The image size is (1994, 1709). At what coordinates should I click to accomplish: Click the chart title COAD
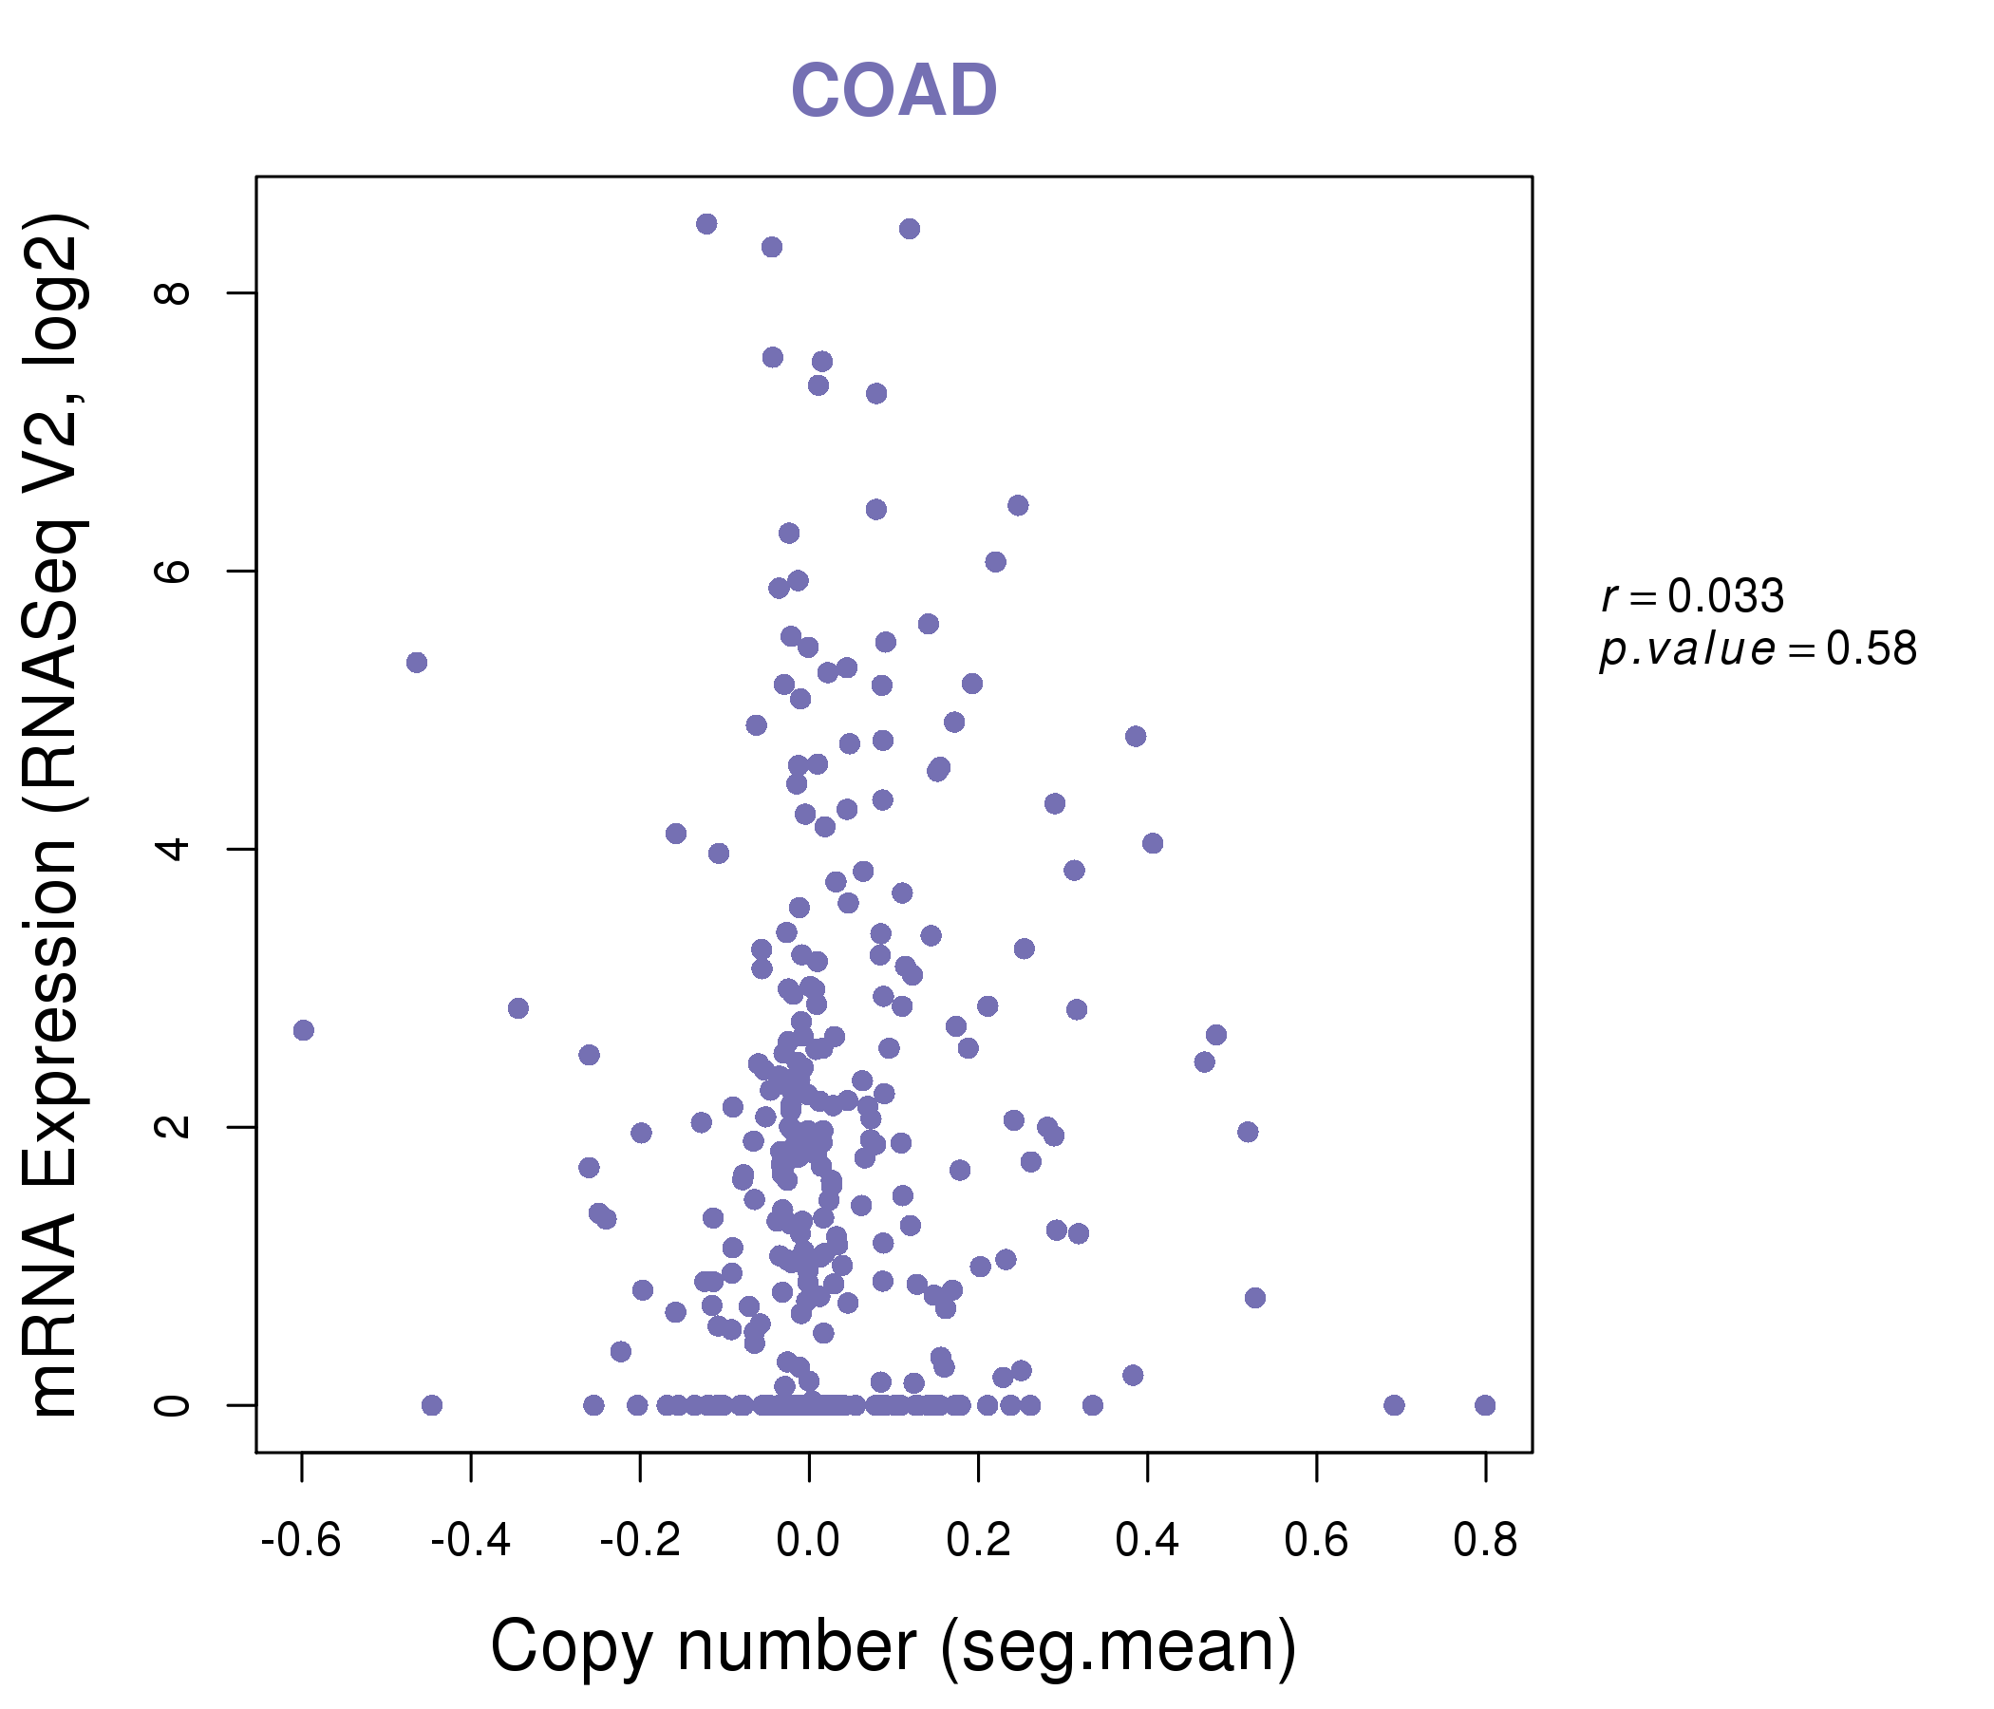click(894, 91)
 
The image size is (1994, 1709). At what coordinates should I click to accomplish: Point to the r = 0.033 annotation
click(1692, 596)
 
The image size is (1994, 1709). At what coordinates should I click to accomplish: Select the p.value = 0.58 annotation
click(1758, 649)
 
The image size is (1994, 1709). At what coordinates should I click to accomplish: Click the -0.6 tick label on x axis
click(301, 1541)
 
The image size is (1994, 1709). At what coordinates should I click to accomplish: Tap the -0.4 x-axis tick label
click(470, 1541)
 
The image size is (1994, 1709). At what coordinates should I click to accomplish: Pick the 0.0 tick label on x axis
click(808, 1541)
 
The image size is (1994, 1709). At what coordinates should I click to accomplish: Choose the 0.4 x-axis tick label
click(1147, 1541)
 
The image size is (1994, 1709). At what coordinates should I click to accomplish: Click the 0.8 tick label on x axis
click(1485, 1541)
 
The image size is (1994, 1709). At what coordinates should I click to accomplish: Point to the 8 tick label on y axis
click(173, 292)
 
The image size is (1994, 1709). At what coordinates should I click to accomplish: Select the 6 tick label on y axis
click(173, 571)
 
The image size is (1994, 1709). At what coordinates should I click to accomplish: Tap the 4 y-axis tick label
click(173, 849)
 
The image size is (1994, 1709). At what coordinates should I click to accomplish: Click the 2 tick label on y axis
click(173, 1127)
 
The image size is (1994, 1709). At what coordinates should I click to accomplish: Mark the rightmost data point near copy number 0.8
click(1485, 1405)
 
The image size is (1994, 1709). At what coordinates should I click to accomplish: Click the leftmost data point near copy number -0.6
click(303, 1030)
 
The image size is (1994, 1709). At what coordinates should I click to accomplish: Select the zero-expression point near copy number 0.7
click(1394, 1405)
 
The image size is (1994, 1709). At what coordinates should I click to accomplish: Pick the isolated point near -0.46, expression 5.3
click(417, 663)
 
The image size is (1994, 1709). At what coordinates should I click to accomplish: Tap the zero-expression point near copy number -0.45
click(432, 1405)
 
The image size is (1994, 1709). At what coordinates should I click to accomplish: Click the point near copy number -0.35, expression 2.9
click(517, 1008)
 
